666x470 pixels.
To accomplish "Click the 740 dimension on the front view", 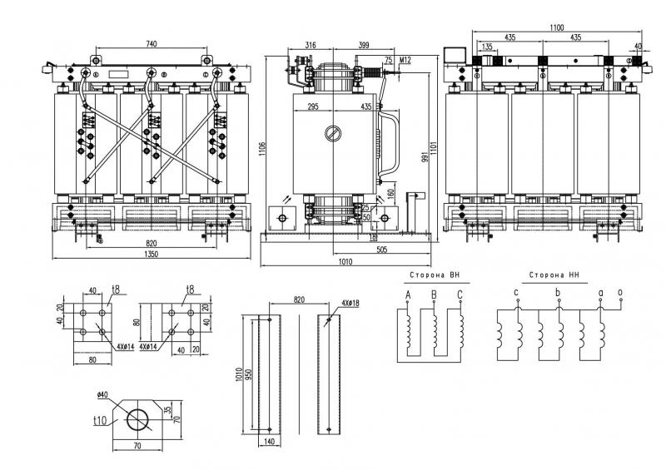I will tap(151, 42).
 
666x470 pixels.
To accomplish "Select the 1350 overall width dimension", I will tap(151, 255).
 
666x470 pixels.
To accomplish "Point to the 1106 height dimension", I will tap(262, 148).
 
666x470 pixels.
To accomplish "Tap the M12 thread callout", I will tap(405, 60).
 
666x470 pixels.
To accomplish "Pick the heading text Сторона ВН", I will tap(433, 275).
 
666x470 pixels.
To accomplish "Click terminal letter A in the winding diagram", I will tap(408, 294).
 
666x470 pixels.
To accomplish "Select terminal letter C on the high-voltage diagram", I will tap(459, 294).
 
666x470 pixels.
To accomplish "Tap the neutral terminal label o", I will tap(619, 292).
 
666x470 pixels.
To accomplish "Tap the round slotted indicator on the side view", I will tap(332, 133).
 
